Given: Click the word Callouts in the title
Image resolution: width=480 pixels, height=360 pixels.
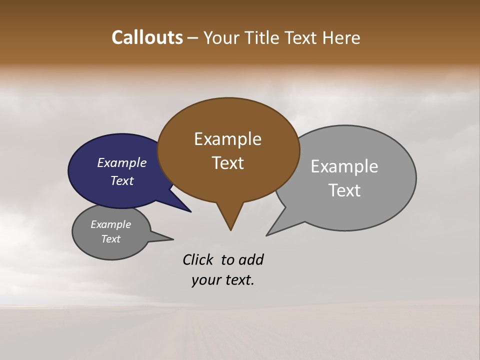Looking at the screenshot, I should click(147, 37).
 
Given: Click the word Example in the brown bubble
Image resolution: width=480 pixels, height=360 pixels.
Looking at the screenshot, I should click(227, 138).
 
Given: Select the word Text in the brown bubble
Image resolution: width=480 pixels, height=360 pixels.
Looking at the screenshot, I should click(227, 163).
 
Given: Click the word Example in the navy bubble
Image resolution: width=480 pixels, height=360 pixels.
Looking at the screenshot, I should click(122, 162).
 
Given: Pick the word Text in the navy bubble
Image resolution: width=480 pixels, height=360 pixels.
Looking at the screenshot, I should click(122, 180).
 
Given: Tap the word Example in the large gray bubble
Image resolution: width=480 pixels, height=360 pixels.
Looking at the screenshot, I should click(344, 166).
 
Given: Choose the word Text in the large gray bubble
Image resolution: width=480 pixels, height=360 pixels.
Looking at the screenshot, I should click(344, 190).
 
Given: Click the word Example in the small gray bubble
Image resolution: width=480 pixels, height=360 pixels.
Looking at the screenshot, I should click(111, 224).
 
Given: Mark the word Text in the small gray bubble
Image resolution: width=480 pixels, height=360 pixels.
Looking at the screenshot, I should click(111, 239).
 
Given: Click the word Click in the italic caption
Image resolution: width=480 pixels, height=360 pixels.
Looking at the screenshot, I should click(197, 259).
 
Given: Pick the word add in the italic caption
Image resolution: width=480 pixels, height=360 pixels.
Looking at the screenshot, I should click(250, 259).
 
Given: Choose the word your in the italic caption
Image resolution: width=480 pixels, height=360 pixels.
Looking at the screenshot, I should click(205, 280).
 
